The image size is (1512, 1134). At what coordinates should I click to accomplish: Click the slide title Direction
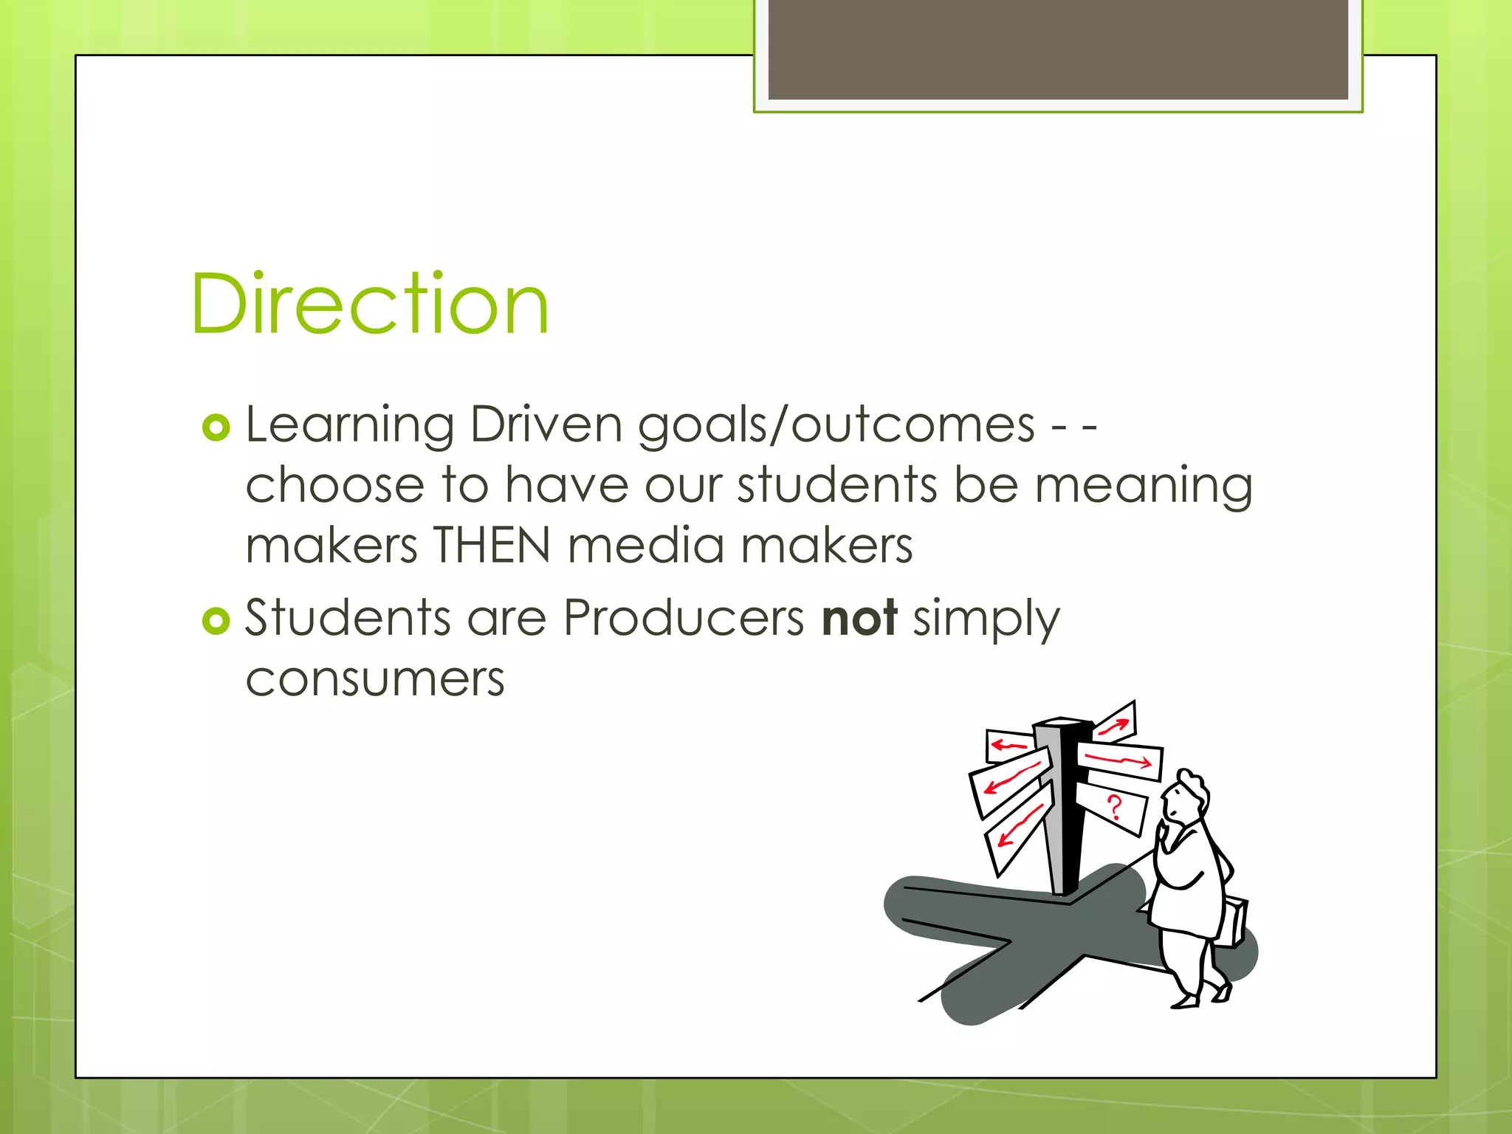click(x=369, y=303)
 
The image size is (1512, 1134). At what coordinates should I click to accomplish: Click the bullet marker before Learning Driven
click(x=216, y=427)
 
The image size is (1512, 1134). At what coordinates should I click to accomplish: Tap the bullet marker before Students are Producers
click(x=216, y=621)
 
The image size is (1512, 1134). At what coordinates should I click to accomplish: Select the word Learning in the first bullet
click(x=349, y=426)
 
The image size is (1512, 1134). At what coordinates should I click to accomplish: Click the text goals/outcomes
click(x=836, y=426)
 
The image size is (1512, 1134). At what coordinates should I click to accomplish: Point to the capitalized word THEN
click(x=492, y=546)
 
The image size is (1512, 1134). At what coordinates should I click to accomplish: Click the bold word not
click(x=859, y=618)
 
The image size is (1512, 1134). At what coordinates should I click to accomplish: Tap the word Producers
click(x=684, y=618)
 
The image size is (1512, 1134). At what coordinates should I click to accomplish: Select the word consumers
click(x=375, y=679)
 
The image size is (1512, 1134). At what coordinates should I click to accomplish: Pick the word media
click(x=646, y=546)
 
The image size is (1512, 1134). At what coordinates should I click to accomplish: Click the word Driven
click(x=546, y=426)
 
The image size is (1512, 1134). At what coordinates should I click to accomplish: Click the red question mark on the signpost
click(x=1114, y=808)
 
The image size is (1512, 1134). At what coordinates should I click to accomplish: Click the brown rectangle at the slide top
click(x=1058, y=49)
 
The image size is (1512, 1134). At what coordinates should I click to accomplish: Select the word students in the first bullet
click(x=837, y=486)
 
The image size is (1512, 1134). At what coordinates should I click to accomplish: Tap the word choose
click(x=334, y=486)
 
